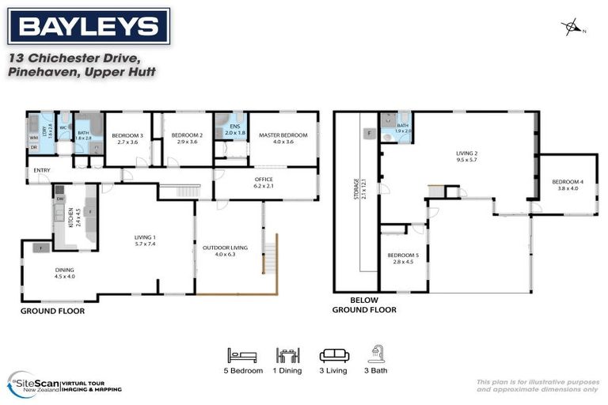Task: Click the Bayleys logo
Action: tap(88, 26)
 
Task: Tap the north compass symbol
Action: tap(571, 28)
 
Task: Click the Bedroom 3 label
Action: tap(127, 139)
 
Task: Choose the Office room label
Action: tap(264, 183)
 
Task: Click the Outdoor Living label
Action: tap(225, 251)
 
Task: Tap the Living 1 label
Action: tap(144, 240)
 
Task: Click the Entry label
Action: tap(39, 170)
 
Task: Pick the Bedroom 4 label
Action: tap(568, 186)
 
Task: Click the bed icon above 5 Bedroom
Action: tap(241, 356)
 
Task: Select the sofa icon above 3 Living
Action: tap(333, 356)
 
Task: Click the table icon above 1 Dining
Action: tap(287, 356)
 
